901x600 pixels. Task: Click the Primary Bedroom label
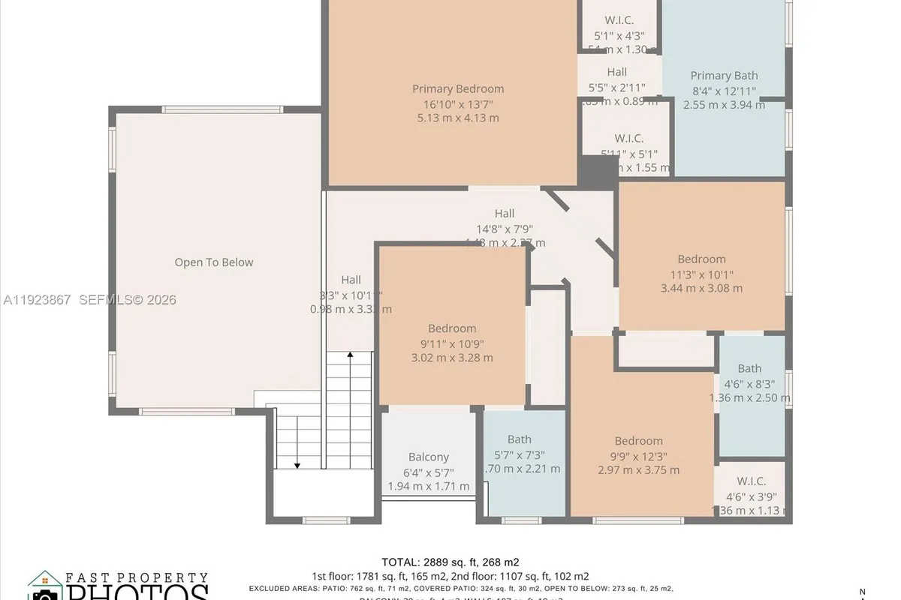tap(458, 89)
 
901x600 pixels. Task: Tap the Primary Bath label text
tap(724, 76)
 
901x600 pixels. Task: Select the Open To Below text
tap(214, 262)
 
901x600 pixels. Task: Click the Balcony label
tap(429, 457)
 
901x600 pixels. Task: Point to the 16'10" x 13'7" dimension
tap(458, 103)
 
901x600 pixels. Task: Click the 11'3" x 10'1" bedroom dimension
tap(701, 274)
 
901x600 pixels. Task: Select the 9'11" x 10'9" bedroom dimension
tap(452, 343)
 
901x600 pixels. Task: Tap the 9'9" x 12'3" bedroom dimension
tap(638, 456)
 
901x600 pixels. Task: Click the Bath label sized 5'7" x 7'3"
tap(519, 439)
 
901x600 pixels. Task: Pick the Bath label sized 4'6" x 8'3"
tap(749, 368)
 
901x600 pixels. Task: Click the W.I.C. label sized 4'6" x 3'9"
tap(751, 481)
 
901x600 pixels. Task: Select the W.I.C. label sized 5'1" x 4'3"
tap(619, 20)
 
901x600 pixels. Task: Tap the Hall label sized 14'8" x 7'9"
tap(505, 214)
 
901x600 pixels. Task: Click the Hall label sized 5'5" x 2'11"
tap(617, 72)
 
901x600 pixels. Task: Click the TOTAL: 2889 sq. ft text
tap(450, 562)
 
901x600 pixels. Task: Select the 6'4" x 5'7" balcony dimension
tap(429, 472)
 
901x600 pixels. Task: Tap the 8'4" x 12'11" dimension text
tap(724, 91)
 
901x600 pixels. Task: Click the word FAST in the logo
tap(88, 577)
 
